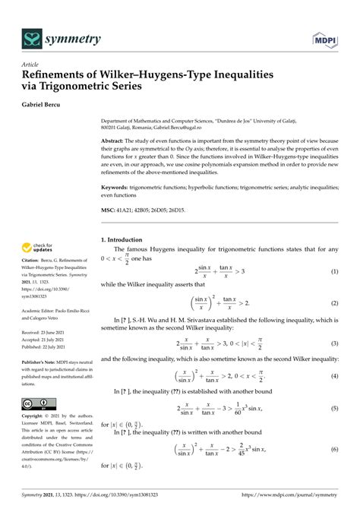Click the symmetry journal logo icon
31,37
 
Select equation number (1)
333,271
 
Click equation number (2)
333,302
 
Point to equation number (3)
333,343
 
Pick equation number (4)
333,377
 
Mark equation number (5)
333,409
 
